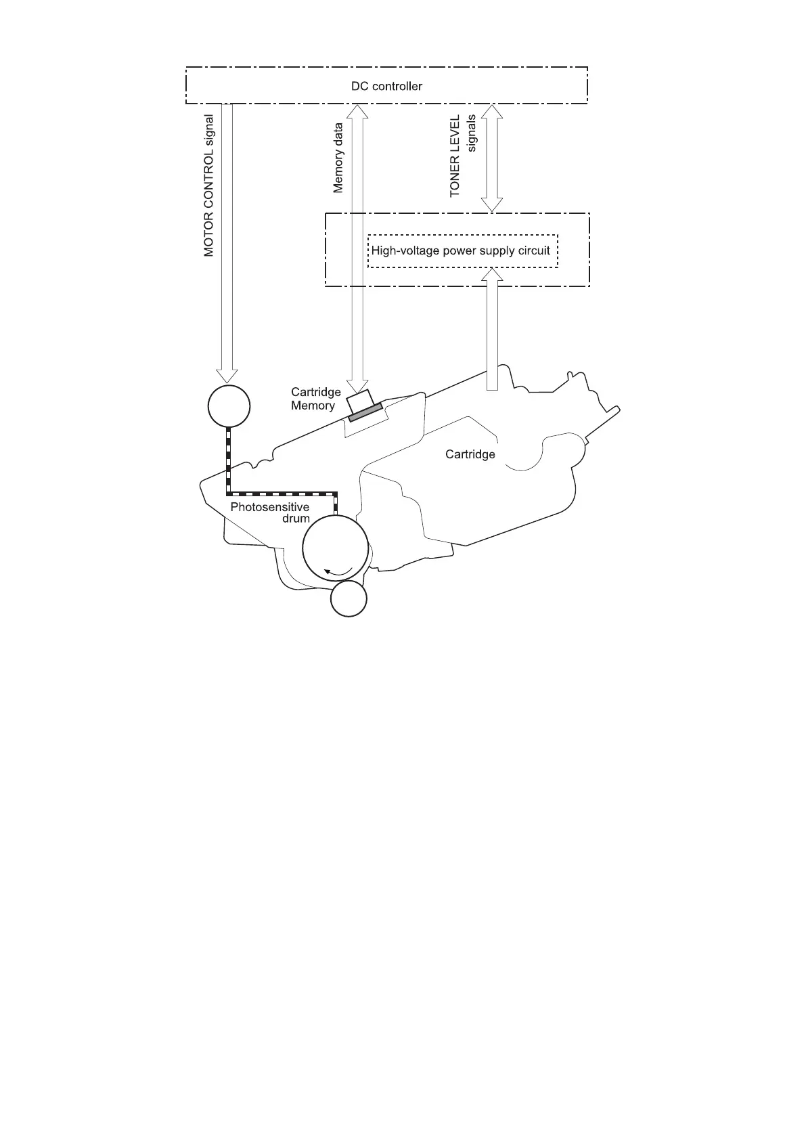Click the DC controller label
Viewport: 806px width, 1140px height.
click(386, 86)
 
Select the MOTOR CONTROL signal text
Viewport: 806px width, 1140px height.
click(209, 185)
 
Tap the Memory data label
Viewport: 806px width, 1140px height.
click(338, 157)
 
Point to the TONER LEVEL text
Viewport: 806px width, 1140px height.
click(455, 156)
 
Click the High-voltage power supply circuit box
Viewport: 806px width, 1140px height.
click(462, 250)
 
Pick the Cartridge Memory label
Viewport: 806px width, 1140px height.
click(315, 399)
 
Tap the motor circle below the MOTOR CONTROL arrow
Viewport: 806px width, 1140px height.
click(229, 406)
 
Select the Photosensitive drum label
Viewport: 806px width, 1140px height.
click(270, 512)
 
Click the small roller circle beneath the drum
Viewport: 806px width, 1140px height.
click(349, 599)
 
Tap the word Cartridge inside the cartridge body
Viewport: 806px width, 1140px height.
click(470, 454)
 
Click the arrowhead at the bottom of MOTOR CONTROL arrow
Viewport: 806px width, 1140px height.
click(227, 375)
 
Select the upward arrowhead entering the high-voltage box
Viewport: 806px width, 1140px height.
click(493, 275)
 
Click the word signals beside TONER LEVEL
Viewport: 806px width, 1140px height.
click(472, 133)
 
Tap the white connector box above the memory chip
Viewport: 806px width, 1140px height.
click(359, 401)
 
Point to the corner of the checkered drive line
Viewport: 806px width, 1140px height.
click(229, 492)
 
